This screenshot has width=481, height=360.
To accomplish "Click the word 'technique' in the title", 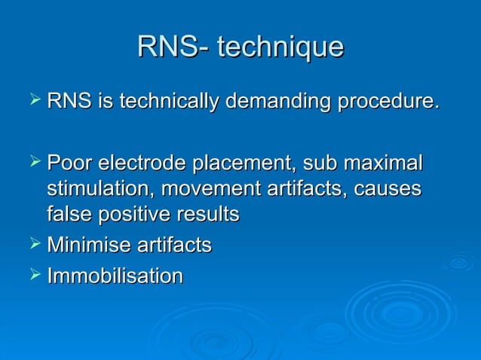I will (280, 47).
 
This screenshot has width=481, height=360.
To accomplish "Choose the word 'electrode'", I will (145, 163).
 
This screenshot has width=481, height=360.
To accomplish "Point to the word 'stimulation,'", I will (96, 188).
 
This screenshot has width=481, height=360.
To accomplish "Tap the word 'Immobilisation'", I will (115, 276).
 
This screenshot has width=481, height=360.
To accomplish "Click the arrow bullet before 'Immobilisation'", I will (33, 276).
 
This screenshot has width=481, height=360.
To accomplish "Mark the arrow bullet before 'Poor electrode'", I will (33, 162).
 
